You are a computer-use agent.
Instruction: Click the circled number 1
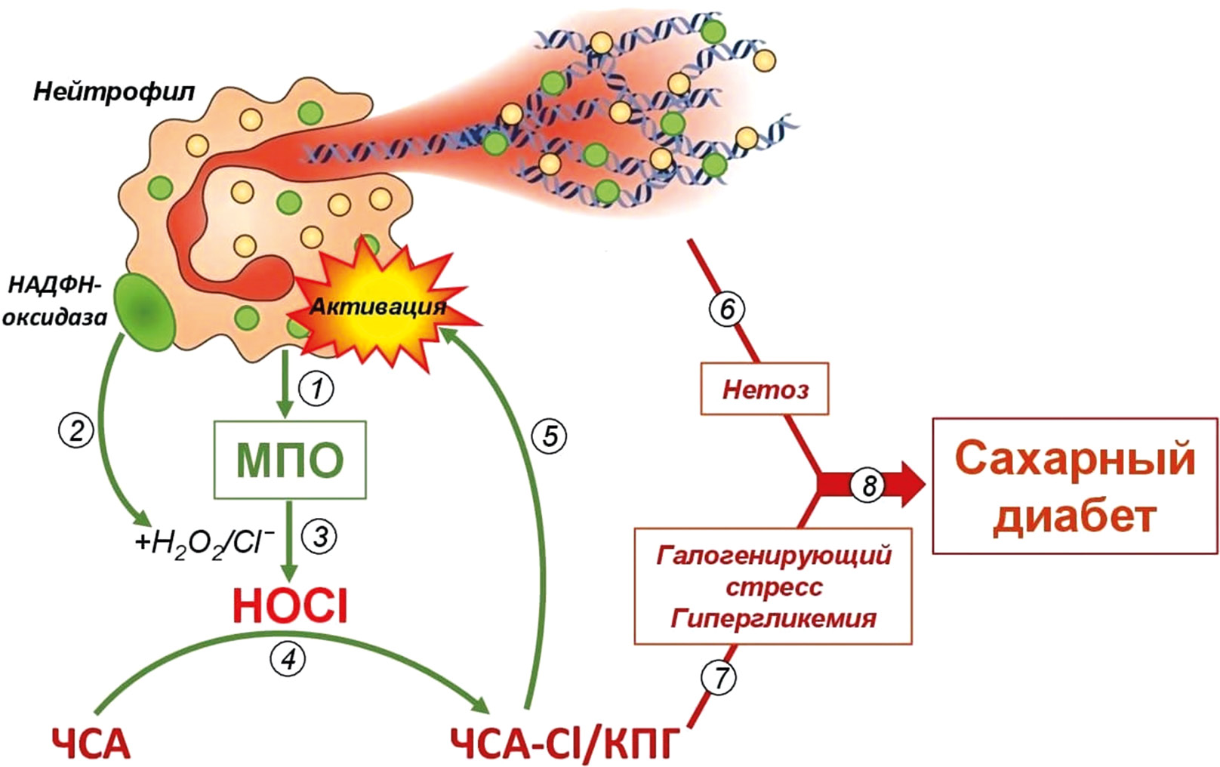pyautogui.click(x=316, y=389)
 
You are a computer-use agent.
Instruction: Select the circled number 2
pyautogui.click(x=76, y=430)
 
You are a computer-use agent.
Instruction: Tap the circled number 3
pyautogui.click(x=319, y=537)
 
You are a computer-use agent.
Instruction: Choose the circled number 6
pyautogui.click(x=727, y=309)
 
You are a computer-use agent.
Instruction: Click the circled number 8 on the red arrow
pyautogui.click(x=868, y=485)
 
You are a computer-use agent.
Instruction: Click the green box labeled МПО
pyautogui.click(x=290, y=460)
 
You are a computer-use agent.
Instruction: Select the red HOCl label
pyautogui.click(x=290, y=605)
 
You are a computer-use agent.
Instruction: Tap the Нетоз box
pyautogui.click(x=765, y=389)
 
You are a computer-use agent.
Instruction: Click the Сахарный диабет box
pyautogui.click(x=1075, y=485)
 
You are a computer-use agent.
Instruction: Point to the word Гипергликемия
pyautogui.click(x=773, y=620)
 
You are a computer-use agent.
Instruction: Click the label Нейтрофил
pyautogui.click(x=114, y=92)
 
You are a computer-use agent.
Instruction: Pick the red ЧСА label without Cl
pyautogui.click(x=91, y=744)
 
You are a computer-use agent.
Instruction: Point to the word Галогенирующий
pyautogui.click(x=774, y=556)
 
